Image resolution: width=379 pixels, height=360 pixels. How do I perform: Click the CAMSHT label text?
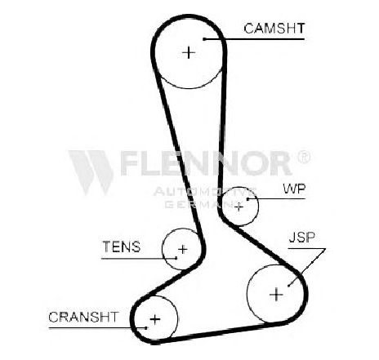click(x=274, y=29)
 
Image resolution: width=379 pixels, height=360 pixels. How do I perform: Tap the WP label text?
click(x=294, y=189)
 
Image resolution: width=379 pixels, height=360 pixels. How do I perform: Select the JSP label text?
click(x=302, y=238)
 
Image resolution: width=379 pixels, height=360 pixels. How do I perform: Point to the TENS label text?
click(x=122, y=247)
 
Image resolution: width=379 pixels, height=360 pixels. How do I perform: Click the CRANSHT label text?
click(x=83, y=317)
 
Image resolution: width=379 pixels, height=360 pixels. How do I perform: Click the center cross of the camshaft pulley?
click(x=189, y=52)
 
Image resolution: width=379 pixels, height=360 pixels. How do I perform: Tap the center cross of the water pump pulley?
click(x=239, y=207)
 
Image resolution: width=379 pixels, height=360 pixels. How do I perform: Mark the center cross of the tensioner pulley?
click(x=183, y=249)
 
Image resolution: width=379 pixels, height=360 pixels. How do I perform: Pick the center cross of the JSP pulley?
click(x=276, y=295)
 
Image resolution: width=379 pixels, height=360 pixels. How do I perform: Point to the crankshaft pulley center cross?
click(x=155, y=319)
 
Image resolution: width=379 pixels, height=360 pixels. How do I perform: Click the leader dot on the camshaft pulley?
click(x=204, y=39)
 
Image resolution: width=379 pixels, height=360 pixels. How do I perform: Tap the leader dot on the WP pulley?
click(x=248, y=199)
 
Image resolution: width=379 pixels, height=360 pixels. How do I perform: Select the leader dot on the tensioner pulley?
click(x=176, y=258)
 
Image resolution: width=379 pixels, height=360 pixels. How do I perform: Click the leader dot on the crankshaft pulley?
click(x=146, y=328)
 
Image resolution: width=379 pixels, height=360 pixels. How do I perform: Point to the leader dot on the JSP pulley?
click(x=288, y=286)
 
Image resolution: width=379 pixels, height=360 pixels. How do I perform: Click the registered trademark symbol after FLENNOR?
click(x=304, y=157)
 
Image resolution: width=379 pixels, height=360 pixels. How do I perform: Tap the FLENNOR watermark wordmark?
click(x=206, y=163)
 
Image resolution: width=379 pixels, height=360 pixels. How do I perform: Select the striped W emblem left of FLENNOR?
click(x=91, y=172)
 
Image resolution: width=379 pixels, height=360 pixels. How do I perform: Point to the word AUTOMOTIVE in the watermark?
click(x=204, y=192)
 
